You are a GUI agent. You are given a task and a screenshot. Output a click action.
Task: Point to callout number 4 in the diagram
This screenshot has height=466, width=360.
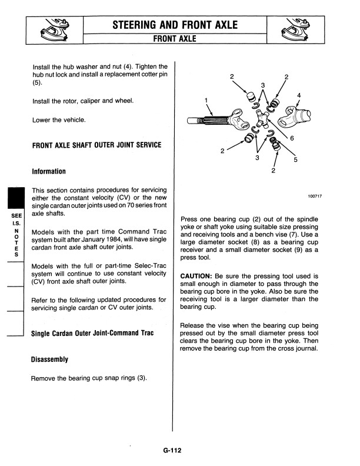pyautogui.click(x=299, y=95)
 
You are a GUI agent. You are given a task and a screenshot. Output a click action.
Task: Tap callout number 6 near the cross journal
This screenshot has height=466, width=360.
pyautogui.click(x=292, y=138)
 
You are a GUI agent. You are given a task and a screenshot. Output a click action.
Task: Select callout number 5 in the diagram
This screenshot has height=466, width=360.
pyautogui.click(x=295, y=159)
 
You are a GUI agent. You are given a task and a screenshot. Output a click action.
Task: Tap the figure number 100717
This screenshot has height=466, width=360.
pyautogui.click(x=315, y=197)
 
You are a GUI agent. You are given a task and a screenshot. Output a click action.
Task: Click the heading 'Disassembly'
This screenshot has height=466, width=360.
pyautogui.click(x=50, y=359)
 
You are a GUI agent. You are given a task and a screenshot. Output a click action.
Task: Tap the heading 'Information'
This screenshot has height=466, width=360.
pyautogui.click(x=49, y=171)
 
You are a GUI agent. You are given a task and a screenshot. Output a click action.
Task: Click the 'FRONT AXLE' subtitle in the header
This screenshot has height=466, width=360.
pyautogui.click(x=175, y=39)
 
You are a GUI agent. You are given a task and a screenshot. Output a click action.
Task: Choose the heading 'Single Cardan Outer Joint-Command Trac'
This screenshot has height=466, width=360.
pyautogui.click(x=92, y=334)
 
